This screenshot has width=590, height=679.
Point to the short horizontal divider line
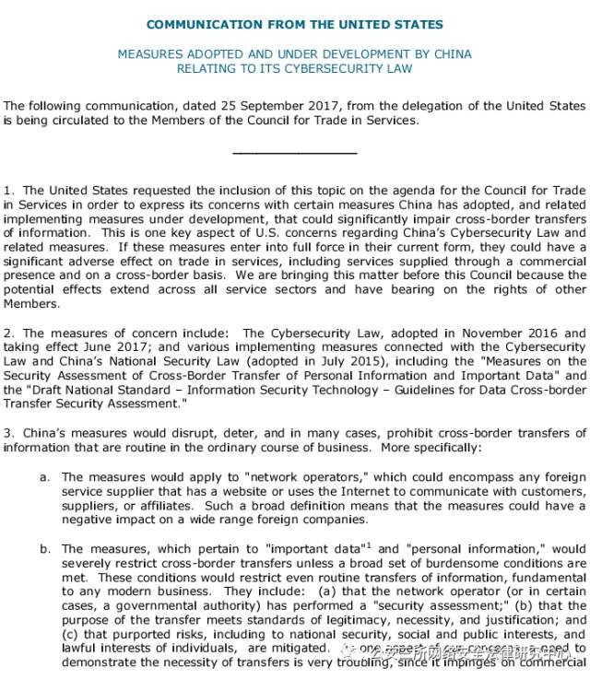click(x=294, y=152)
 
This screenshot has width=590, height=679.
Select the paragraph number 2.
click(x=7, y=334)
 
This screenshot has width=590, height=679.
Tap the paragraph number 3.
click(x=7, y=433)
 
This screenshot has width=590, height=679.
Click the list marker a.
click(x=44, y=477)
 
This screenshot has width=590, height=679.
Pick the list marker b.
click(x=44, y=549)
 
